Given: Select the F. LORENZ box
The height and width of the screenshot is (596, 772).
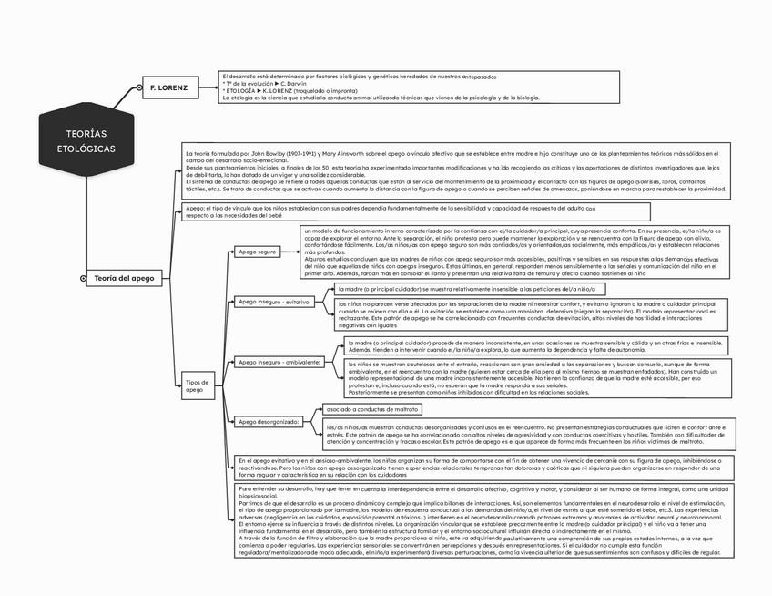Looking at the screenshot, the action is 168,87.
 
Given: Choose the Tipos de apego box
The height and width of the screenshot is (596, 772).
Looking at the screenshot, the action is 198,385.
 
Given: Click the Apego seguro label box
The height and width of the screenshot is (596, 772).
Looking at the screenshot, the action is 257,251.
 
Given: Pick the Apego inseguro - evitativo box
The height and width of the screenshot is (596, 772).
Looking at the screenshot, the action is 274,301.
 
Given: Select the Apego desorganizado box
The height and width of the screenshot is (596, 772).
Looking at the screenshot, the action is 269,422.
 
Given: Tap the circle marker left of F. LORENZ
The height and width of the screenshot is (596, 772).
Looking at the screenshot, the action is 138,88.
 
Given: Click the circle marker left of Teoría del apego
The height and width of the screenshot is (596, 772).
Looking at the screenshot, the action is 84,278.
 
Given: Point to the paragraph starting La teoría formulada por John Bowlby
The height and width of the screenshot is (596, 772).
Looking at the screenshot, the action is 456,172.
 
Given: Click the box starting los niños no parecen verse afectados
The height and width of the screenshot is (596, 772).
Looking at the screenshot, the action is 529,313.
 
